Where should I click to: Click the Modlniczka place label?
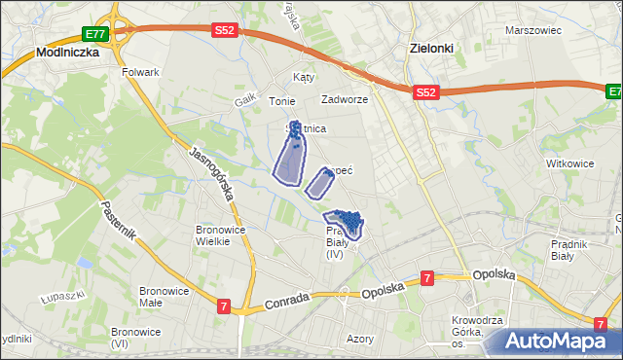coord(68,53)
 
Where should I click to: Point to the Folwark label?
coord(140,73)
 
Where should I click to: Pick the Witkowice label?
coord(570,163)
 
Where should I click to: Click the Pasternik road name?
coord(118,226)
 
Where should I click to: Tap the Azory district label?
coord(360,340)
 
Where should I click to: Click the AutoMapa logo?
coord(563,342)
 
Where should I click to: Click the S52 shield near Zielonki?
coord(424,91)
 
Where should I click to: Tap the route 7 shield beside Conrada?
coord(225,307)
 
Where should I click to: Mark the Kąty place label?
coord(304,77)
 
